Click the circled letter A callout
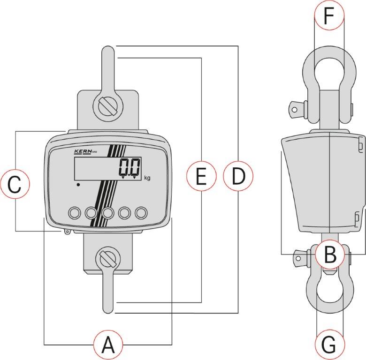tap(108, 345)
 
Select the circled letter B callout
tap(330, 254)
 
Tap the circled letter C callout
tap(15, 184)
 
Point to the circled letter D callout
tap(238, 176)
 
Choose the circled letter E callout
tap(201, 176)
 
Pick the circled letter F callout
tap(329, 15)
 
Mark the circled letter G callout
tap(329, 345)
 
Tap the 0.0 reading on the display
tap(130, 167)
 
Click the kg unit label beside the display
tap(147, 178)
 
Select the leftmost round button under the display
tap(75, 213)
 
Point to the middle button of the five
tap(108, 213)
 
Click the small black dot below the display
tap(78, 185)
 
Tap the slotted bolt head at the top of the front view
tap(107, 107)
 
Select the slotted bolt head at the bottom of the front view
tap(108, 259)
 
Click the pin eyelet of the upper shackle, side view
tap(295, 110)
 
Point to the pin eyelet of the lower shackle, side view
tap(298, 258)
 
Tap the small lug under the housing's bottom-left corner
tap(67, 232)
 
